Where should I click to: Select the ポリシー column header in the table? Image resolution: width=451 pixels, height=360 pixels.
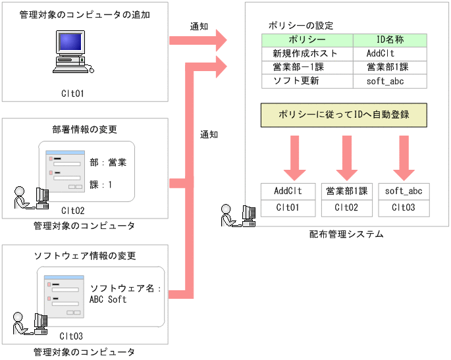click(x=307, y=40)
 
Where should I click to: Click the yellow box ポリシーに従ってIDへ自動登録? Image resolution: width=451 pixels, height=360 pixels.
click(x=344, y=115)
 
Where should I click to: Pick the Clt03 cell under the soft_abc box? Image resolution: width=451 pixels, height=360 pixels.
click(x=403, y=208)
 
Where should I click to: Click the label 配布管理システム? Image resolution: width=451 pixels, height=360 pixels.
click(x=346, y=234)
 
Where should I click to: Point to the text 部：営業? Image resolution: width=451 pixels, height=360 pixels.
click(x=108, y=161)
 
